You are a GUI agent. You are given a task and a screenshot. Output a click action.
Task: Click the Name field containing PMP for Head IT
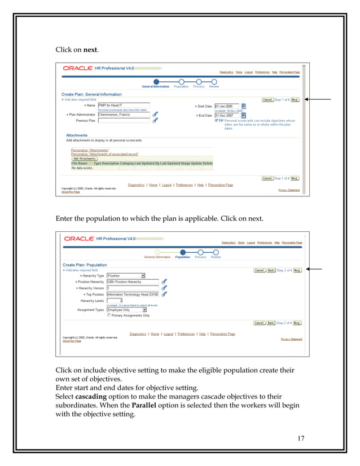coord(124,105)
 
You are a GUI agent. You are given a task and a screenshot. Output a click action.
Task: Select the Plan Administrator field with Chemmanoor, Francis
coord(124,115)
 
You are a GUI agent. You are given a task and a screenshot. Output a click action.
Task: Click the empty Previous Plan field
coord(124,121)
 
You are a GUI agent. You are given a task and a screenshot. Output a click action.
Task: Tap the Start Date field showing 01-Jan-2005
coord(227,106)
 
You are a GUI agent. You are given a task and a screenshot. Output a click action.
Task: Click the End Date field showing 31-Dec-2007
coord(227,115)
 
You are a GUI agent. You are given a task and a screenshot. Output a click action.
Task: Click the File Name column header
coord(79,163)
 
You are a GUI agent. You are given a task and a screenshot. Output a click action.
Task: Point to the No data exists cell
coord(82,168)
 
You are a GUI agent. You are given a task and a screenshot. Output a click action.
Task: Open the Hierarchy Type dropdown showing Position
coord(126,276)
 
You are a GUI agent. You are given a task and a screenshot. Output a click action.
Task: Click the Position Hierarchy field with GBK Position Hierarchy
coord(133,282)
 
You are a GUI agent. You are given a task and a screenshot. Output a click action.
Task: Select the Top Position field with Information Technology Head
coord(133,294)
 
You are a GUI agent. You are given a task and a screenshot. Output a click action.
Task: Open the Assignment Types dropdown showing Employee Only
coord(126,310)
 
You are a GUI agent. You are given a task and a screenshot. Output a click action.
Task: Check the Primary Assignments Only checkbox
coord(109,315)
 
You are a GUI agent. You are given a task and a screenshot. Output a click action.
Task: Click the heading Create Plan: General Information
coord(92,95)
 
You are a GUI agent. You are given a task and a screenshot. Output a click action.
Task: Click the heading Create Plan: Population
coord(85,265)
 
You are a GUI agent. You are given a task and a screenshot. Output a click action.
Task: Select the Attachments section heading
coord(77,135)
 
